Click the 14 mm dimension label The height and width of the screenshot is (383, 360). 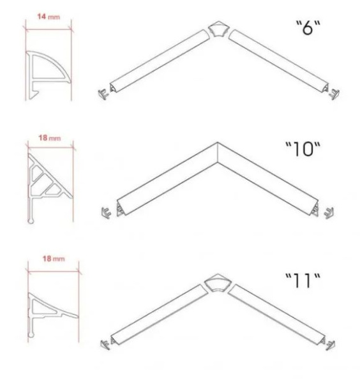49,17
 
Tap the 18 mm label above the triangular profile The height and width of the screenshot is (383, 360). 50,138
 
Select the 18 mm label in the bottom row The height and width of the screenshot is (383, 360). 54,259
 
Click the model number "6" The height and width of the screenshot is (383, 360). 308,27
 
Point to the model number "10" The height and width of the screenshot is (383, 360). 303,149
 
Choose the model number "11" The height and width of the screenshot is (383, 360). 303,281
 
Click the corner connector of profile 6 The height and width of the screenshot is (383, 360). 218,29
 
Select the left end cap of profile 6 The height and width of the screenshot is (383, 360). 103,94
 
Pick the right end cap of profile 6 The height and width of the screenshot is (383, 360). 334,94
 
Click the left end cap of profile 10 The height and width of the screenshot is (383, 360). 106,213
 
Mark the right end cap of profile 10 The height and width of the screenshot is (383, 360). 329,213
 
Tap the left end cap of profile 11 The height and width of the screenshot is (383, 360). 105,344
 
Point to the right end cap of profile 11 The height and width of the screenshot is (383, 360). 331,345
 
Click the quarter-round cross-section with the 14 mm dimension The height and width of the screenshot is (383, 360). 49,75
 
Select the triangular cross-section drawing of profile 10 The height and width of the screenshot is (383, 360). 50,188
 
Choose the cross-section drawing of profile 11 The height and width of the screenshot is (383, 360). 53,315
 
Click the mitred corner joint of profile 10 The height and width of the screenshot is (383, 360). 218,153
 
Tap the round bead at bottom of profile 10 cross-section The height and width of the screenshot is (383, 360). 31,221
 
